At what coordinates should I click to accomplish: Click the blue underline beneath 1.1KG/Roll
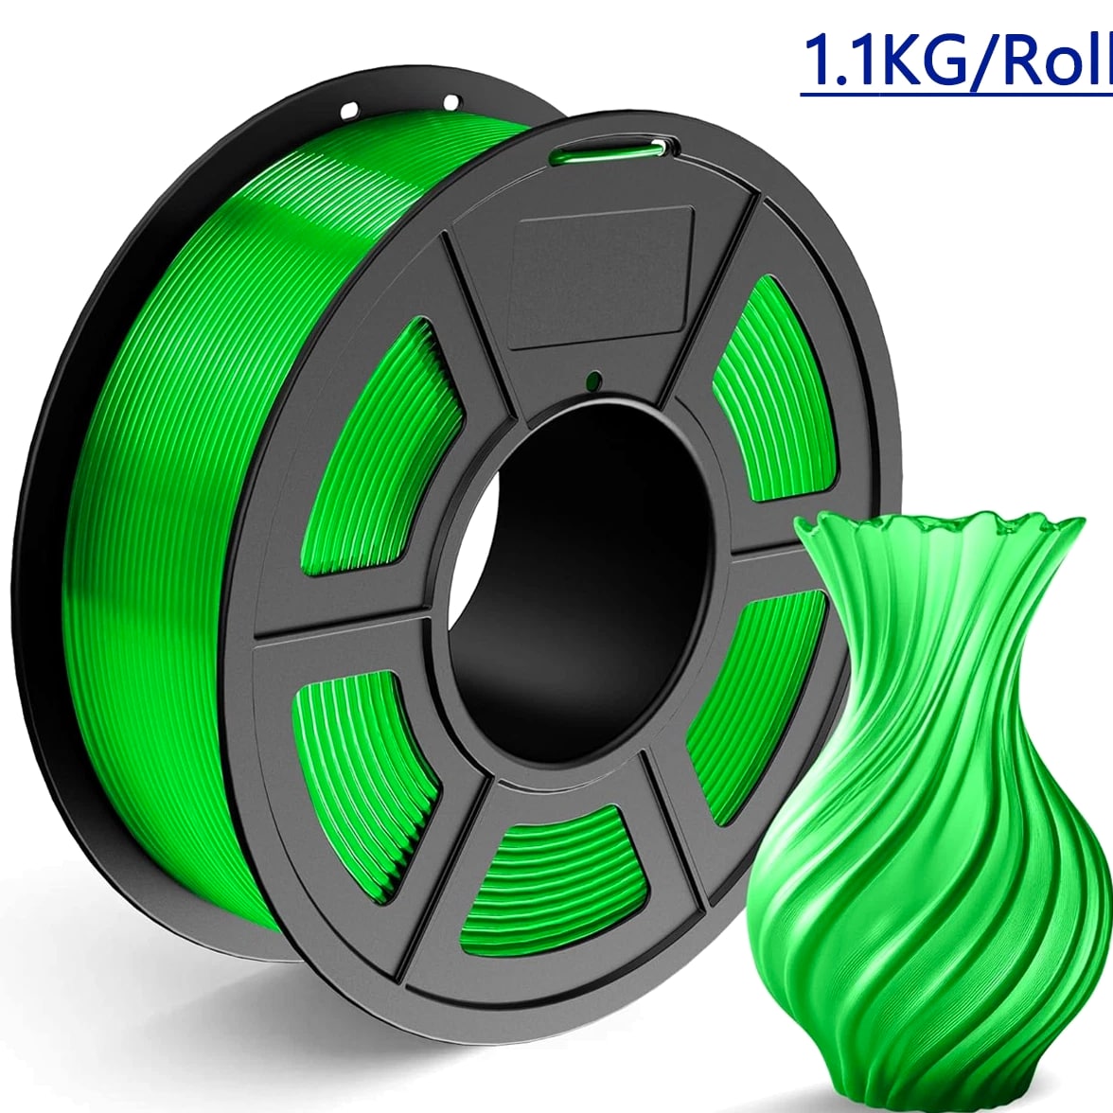tap(956, 95)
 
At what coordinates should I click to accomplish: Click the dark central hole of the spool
tap(576, 588)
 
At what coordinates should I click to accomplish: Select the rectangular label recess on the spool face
tap(604, 275)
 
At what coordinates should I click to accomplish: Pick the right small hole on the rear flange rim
tap(451, 103)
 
